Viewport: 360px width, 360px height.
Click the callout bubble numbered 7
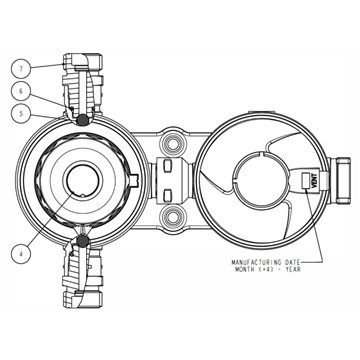[21, 69]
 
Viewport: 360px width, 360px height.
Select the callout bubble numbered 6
[21, 91]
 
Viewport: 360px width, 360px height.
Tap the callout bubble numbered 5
[21, 114]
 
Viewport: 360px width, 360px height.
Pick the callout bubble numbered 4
[21, 254]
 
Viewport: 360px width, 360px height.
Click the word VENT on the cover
[316, 182]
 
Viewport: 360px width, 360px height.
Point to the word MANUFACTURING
[254, 262]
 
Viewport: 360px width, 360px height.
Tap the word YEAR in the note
[293, 269]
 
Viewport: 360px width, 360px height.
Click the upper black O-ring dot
[82, 120]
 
